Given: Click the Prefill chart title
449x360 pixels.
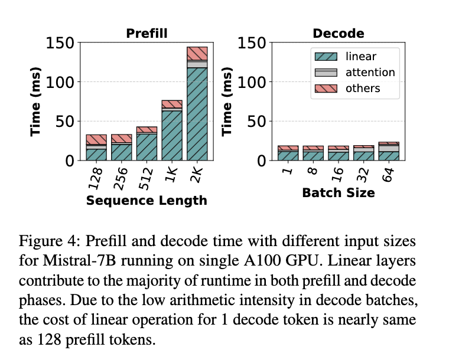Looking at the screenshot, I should click(147, 34).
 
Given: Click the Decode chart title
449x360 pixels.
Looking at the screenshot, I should click(338, 34).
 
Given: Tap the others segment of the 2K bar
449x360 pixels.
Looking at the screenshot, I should click(197, 53).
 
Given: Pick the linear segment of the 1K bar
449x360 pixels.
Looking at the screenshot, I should click(171, 135).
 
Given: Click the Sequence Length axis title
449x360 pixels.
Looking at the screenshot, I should click(147, 201).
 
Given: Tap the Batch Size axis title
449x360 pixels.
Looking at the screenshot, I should click(338, 192).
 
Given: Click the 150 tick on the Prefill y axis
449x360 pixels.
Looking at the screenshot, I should click(60, 42).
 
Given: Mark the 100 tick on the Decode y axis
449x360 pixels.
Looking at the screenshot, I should click(251, 81).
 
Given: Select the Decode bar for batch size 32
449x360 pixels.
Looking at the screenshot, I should click(363, 153).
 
